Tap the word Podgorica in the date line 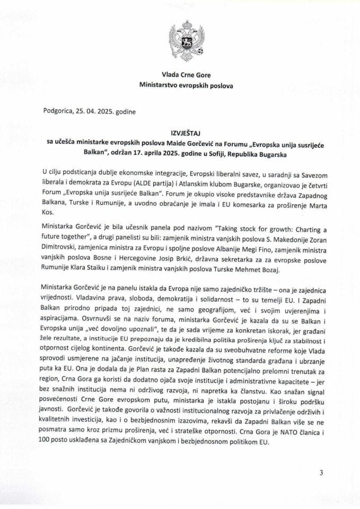60,112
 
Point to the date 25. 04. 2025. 99,112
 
